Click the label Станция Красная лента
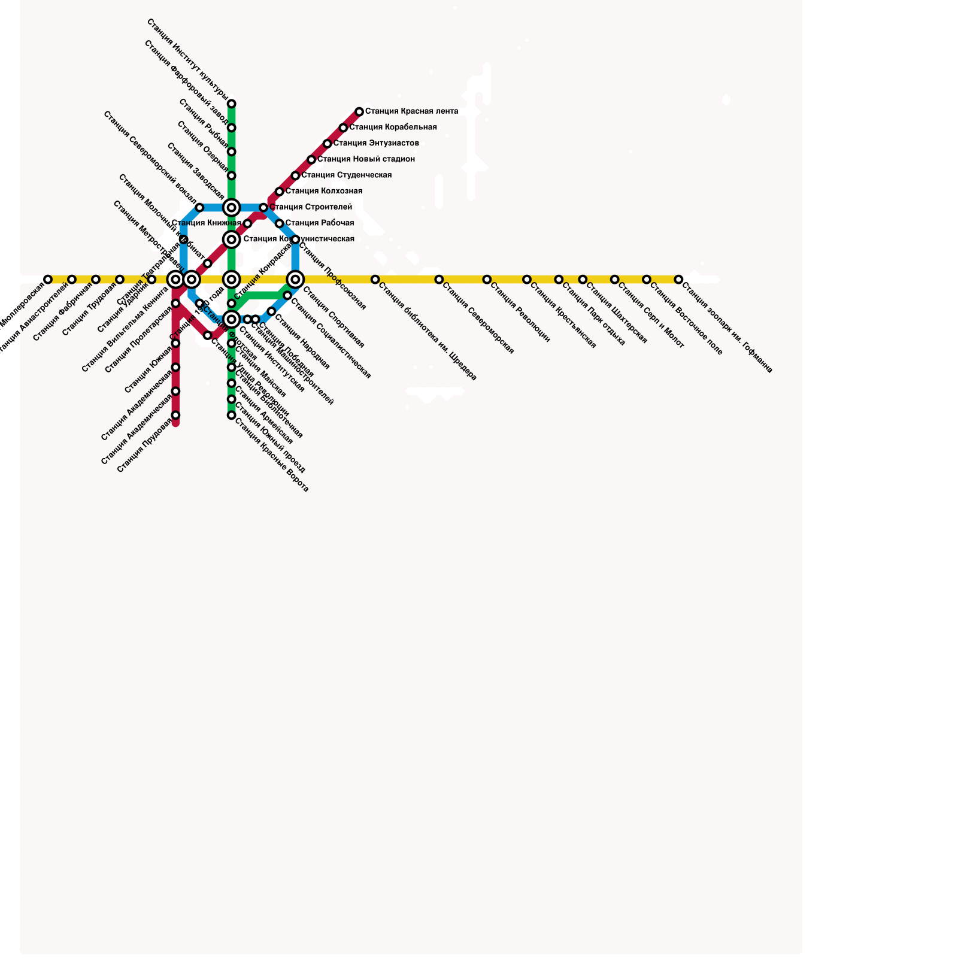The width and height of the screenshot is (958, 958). click(x=411, y=111)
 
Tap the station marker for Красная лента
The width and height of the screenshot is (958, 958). click(x=359, y=112)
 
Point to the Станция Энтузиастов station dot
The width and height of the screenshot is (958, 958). click(x=328, y=144)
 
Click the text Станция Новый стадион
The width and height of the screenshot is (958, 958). click(x=366, y=159)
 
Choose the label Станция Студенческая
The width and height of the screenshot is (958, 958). click(x=346, y=175)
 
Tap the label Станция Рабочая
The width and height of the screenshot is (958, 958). click(x=319, y=223)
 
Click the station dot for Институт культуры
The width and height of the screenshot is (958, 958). click(x=232, y=104)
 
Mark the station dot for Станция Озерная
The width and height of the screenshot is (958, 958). click(x=232, y=176)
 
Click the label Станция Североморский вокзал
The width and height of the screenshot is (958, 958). click(x=150, y=157)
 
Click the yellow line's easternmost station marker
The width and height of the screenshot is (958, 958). click(x=678, y=280)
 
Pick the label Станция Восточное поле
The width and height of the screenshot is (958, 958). click(x=686, y=319)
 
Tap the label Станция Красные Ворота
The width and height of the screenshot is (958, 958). click(x=271, y=454)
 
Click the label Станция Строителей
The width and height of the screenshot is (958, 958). click(x=311, y=207)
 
